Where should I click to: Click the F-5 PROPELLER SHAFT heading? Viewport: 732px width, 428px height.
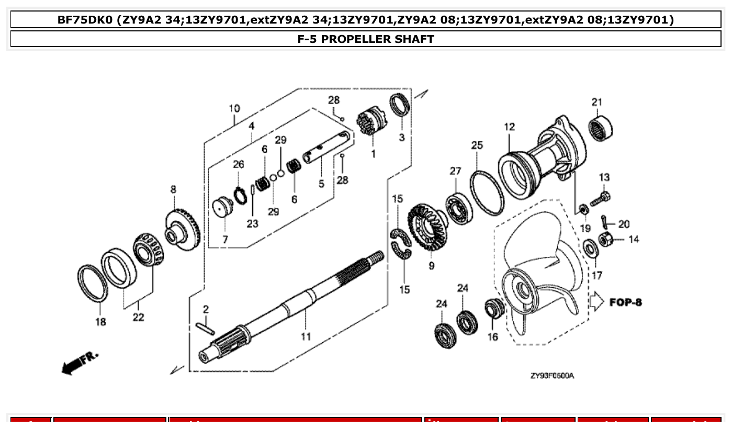pos(366,39)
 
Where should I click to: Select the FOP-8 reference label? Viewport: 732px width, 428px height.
pos(625,302)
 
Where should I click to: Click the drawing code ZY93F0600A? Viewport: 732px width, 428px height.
pos(552,376)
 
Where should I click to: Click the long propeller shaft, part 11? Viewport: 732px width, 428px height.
pos(293,309)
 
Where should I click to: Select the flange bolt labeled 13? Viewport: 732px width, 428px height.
pos(600,199)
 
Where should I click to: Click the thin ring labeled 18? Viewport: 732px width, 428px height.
pos(93,285)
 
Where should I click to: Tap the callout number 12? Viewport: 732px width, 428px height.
pos(509,127)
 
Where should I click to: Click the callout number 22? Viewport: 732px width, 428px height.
pos(138,317)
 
